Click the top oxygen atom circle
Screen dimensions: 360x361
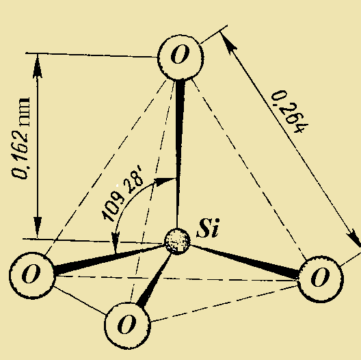180,55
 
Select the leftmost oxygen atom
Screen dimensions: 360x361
31,274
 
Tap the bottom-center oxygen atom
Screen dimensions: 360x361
127,323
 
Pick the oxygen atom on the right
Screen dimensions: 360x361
319,278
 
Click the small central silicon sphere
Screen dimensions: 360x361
178,241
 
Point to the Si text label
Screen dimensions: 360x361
207,229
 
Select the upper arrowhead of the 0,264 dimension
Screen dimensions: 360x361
228,40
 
